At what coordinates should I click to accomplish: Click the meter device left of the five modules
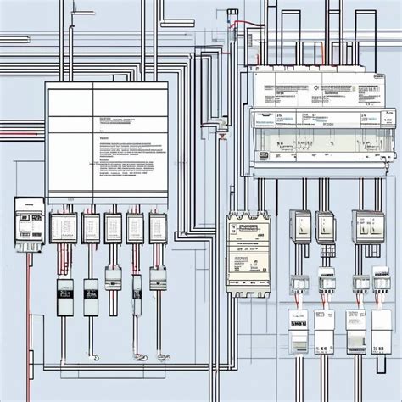pyautogui.click(x=29, y=223)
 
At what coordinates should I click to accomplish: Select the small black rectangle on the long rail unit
pyautogui.click(x=263, y=155)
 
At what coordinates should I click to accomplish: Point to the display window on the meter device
pyautogui.click(x=23, y=216)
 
